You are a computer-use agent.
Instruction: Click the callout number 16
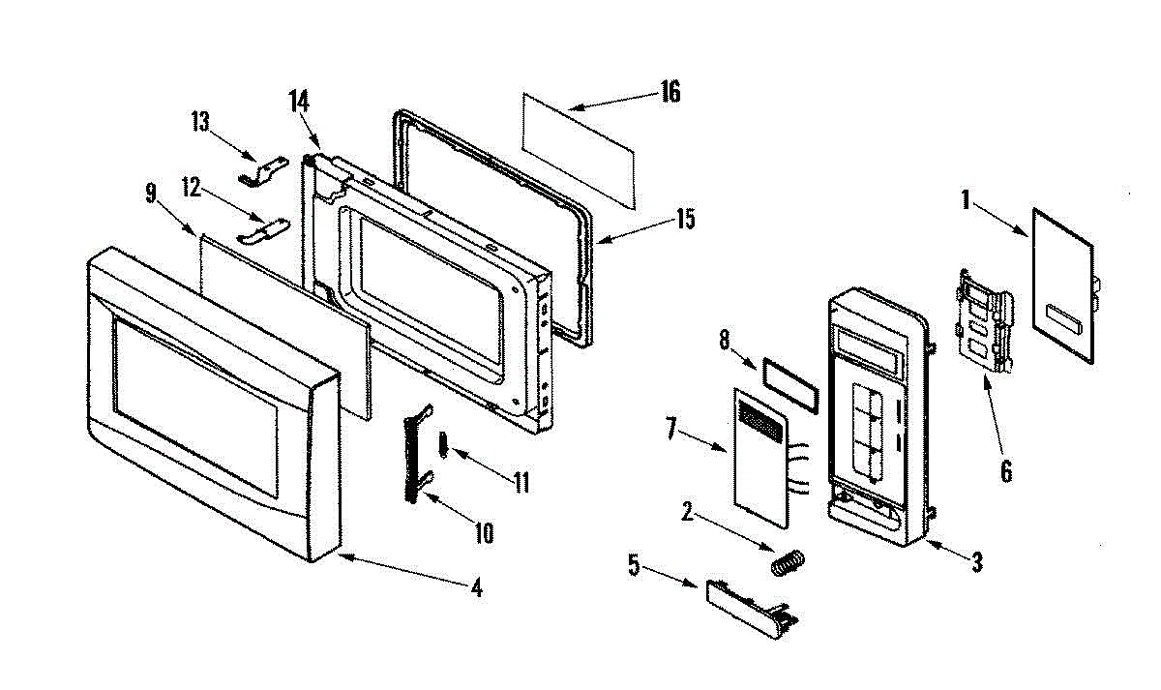[x=670, y=92]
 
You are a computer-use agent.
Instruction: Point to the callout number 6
[x=1005, y=471]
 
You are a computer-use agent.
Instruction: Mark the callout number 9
[x=150, y=193]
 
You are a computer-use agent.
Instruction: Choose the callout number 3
[x=977, y=559]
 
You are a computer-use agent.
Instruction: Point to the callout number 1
[x=965, y=201]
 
